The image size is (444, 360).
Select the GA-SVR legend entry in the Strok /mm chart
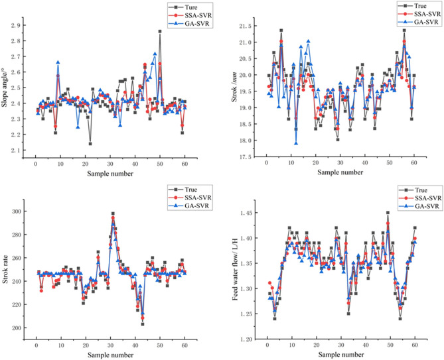[x=413, y=22]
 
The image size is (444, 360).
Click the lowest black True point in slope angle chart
[x=90, y=144]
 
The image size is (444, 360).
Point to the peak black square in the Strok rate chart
[x=113, y=214]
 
